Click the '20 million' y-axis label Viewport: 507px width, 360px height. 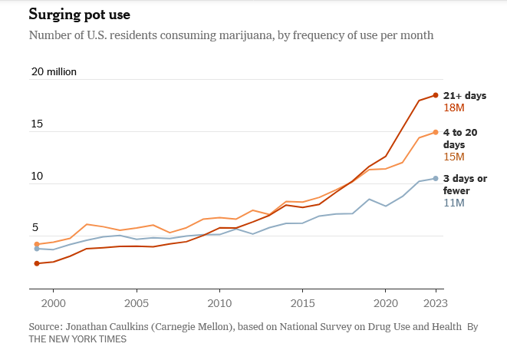pos(54,72)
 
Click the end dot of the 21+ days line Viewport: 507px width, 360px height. pos(436,95)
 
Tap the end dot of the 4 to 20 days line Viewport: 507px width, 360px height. pos(436,132)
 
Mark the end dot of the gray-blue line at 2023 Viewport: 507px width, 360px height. pos(436,178)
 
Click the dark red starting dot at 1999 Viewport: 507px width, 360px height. pos(37,263)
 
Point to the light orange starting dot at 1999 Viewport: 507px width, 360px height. pos(37,244)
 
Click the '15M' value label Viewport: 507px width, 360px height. pos(455,157)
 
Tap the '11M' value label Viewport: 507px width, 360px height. pos(454,203)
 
